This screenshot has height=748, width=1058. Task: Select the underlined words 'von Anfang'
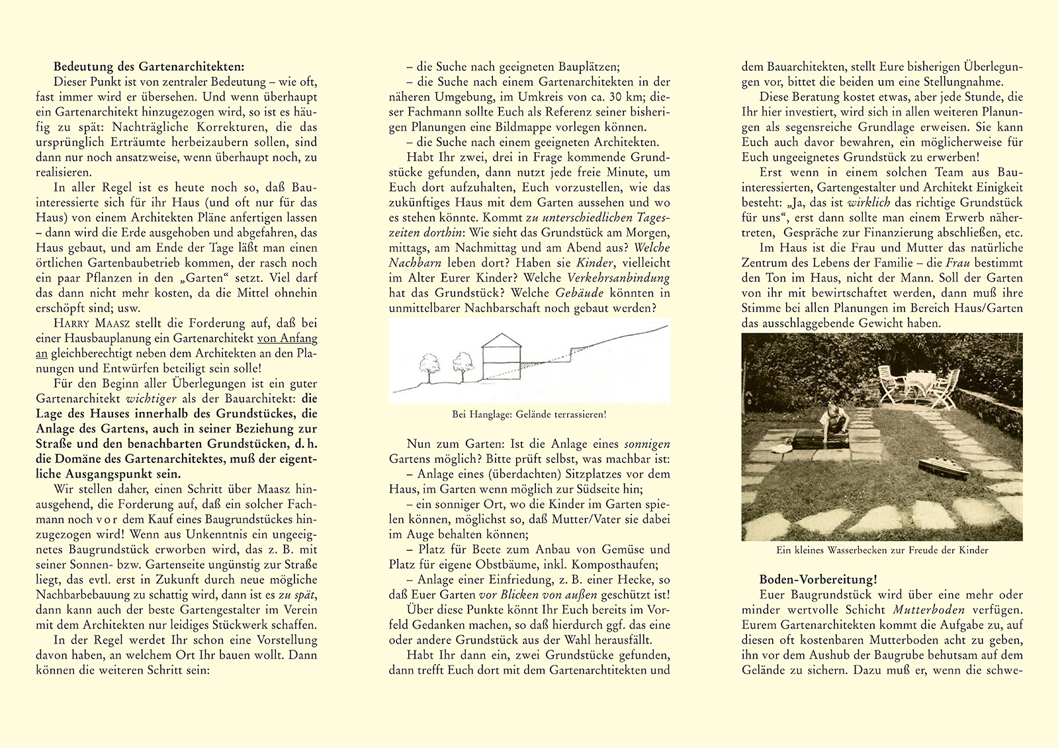pyautogui.click(x=287, y=338)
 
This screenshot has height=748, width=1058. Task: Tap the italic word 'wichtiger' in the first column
pyautogui.click(x=147, y=399)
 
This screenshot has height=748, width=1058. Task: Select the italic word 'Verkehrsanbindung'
pyautogui.click(x=619, y=278)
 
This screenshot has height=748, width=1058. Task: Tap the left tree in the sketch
pyautogui.click(x=429, y=366)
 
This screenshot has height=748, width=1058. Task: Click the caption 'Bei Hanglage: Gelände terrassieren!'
pyautogui.click(x=529, y=415)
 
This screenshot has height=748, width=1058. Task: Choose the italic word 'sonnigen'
pyautogui.click(x=647, y=444)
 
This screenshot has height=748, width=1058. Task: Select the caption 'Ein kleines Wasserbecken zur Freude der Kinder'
pyautogui.click(x=881, y=550)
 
